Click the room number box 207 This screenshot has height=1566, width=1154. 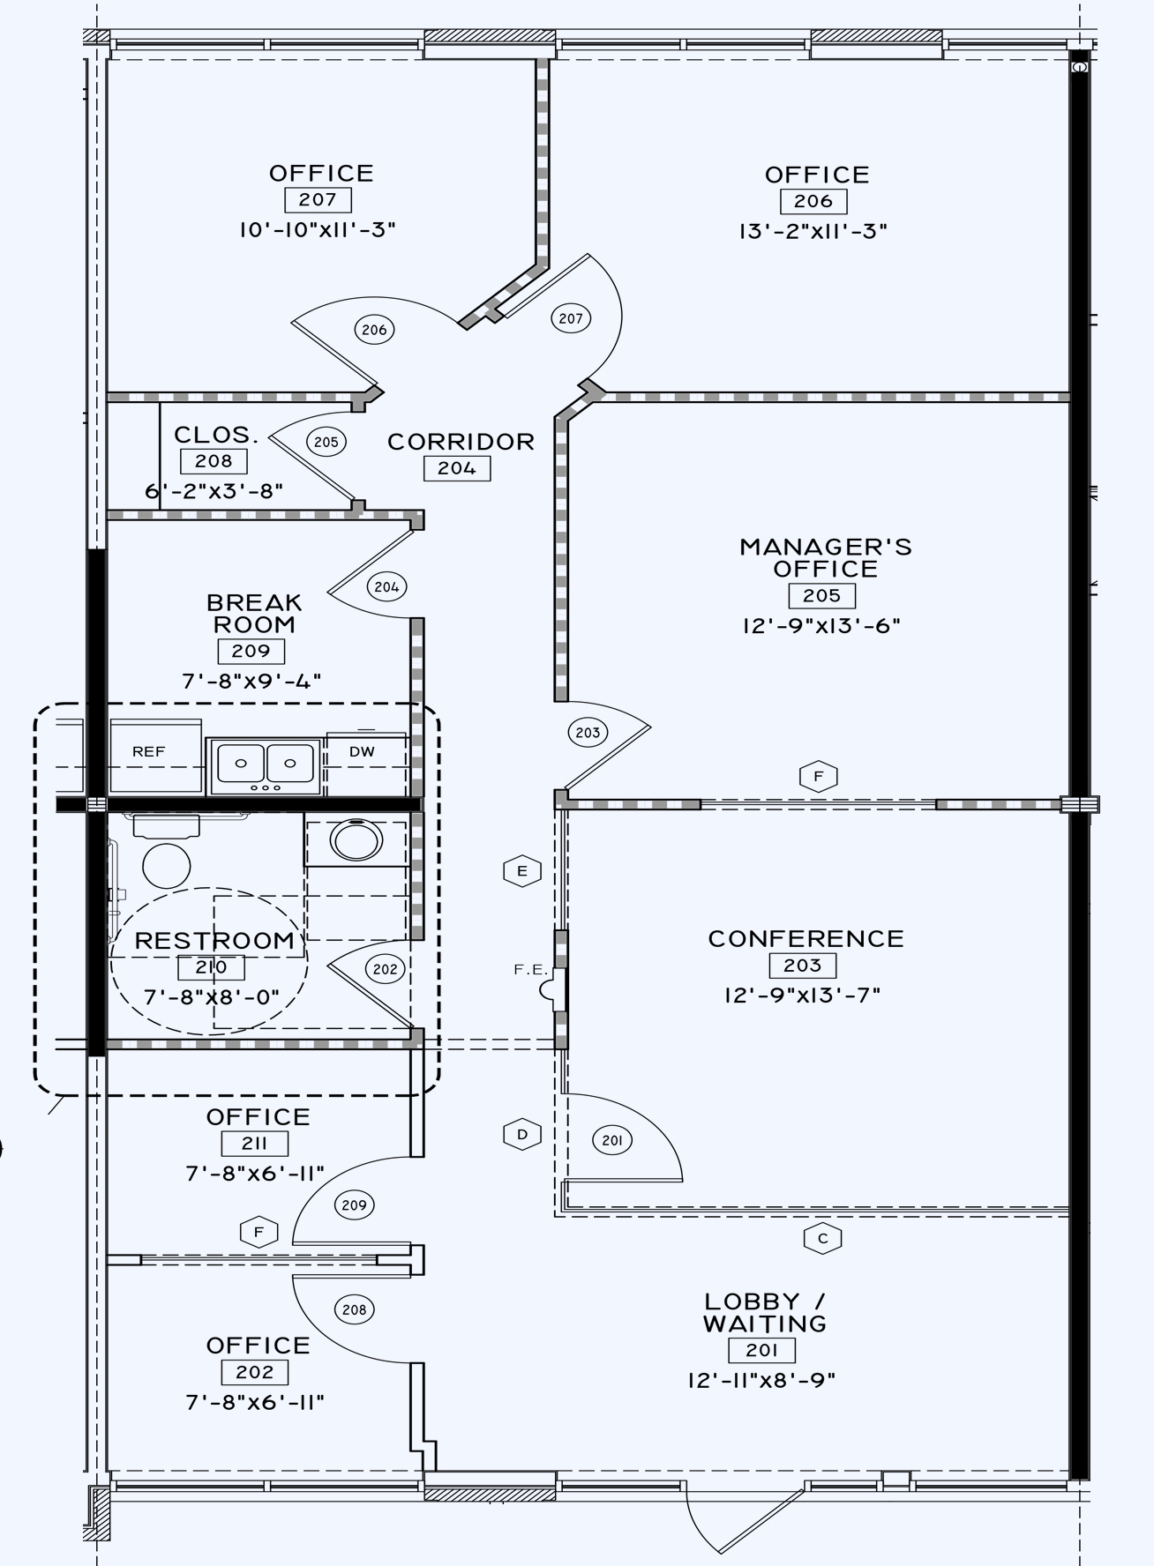click(x=318, y=200)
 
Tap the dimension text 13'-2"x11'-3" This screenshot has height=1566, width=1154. click(x=813, y=231)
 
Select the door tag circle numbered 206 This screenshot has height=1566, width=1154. click(x=374, y=330)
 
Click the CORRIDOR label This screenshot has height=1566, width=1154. click(x=461, y=442)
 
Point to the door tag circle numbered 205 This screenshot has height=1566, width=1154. click(x=326, y=442)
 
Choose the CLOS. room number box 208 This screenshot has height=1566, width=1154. click(x=214, y=461)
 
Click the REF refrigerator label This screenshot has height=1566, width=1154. click(x=148, y=752)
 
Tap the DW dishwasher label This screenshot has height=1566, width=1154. click(x=362, y=752)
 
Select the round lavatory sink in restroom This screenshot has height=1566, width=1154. click(x=356, y=840)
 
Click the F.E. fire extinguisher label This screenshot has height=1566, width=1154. click(x=531, y=969)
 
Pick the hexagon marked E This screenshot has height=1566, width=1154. click(x=522, y=871)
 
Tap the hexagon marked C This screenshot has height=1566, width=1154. click(x=822, y=1238)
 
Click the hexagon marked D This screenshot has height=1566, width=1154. click(x=522, y=1134)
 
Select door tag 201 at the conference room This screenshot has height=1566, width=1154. click(x=611, y=1141)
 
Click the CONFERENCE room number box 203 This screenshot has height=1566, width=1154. click(x=802, y=966)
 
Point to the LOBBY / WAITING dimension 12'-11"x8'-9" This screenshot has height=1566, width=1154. click(x=761, y=1380)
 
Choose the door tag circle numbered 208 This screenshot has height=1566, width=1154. click(x=354, y=1309)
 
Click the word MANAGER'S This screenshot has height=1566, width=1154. click(x=825, y=548)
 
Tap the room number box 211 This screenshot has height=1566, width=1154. click(x=254, y=1144)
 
